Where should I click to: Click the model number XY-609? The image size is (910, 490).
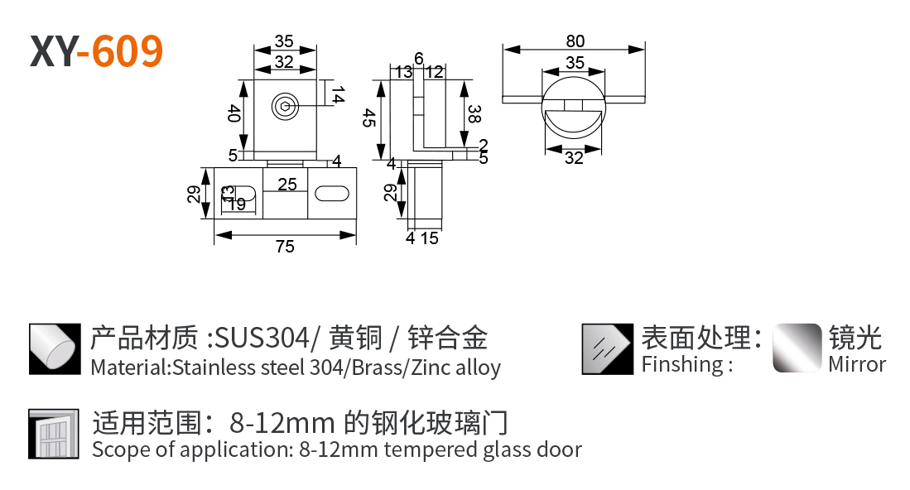(x=96, y=51)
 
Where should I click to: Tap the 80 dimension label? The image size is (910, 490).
(x=575, y=41)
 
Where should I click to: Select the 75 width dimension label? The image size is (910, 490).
(x=285, y=247)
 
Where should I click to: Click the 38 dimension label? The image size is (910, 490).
(x=474, y=113)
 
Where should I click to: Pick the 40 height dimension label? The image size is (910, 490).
(x=234, y=113)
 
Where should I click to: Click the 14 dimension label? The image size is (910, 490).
(x=338, y=94)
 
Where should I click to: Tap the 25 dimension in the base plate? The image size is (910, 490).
(x=287, y=185)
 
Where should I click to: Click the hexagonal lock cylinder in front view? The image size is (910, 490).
(x=285, y=107)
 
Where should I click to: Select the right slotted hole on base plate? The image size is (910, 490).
(x=332, y=193)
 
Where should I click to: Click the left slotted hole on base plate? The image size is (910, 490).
(x=239, y=193)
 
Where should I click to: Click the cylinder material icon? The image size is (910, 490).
(x=55, y=349)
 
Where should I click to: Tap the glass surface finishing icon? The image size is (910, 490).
(x=608, y=349)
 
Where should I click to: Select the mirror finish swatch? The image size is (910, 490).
(x=797, y=348)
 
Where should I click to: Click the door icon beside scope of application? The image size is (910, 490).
(x=53, y=435)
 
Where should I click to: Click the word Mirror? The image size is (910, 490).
(x=857, y=364)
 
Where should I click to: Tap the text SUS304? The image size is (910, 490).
(x=262, y=338)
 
